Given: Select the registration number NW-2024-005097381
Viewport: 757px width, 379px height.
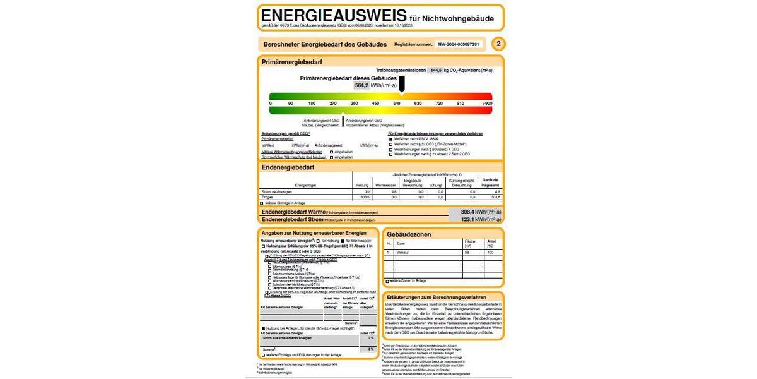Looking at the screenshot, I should [x=459, y=44].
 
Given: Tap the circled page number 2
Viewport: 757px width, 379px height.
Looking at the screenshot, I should [x=498, y=44].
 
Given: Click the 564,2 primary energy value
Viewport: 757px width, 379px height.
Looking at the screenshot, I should [x=362, y=85].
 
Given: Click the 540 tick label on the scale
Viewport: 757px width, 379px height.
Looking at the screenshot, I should [x=397, y=103].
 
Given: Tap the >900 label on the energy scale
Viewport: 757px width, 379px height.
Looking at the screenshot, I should [x=487, y=103].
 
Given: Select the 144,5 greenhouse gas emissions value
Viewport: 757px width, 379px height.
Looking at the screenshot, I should [x=435, y=70].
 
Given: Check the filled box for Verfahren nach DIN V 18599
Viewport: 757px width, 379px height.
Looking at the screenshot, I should [x=390, y=138].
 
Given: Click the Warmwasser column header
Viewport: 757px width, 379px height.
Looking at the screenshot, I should [x=385, y=186].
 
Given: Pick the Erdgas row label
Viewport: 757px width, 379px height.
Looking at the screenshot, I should [x=267, y=197].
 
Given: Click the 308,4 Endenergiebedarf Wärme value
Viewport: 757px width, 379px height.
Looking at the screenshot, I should [x=467, y=212].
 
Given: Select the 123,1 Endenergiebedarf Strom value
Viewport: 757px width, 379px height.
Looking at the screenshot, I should [x=467, y=219].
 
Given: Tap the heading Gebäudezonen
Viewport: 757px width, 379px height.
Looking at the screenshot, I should [x=409, y=234].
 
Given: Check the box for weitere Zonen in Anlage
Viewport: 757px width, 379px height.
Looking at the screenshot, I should [x=387, y=280].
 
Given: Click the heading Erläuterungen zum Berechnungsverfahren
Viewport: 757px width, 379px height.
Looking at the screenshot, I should [x=437, y=297].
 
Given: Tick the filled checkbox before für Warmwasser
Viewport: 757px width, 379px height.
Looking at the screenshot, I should [x=342, y=241].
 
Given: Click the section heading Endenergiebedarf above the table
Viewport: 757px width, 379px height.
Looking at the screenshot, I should [x=288, y=167].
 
